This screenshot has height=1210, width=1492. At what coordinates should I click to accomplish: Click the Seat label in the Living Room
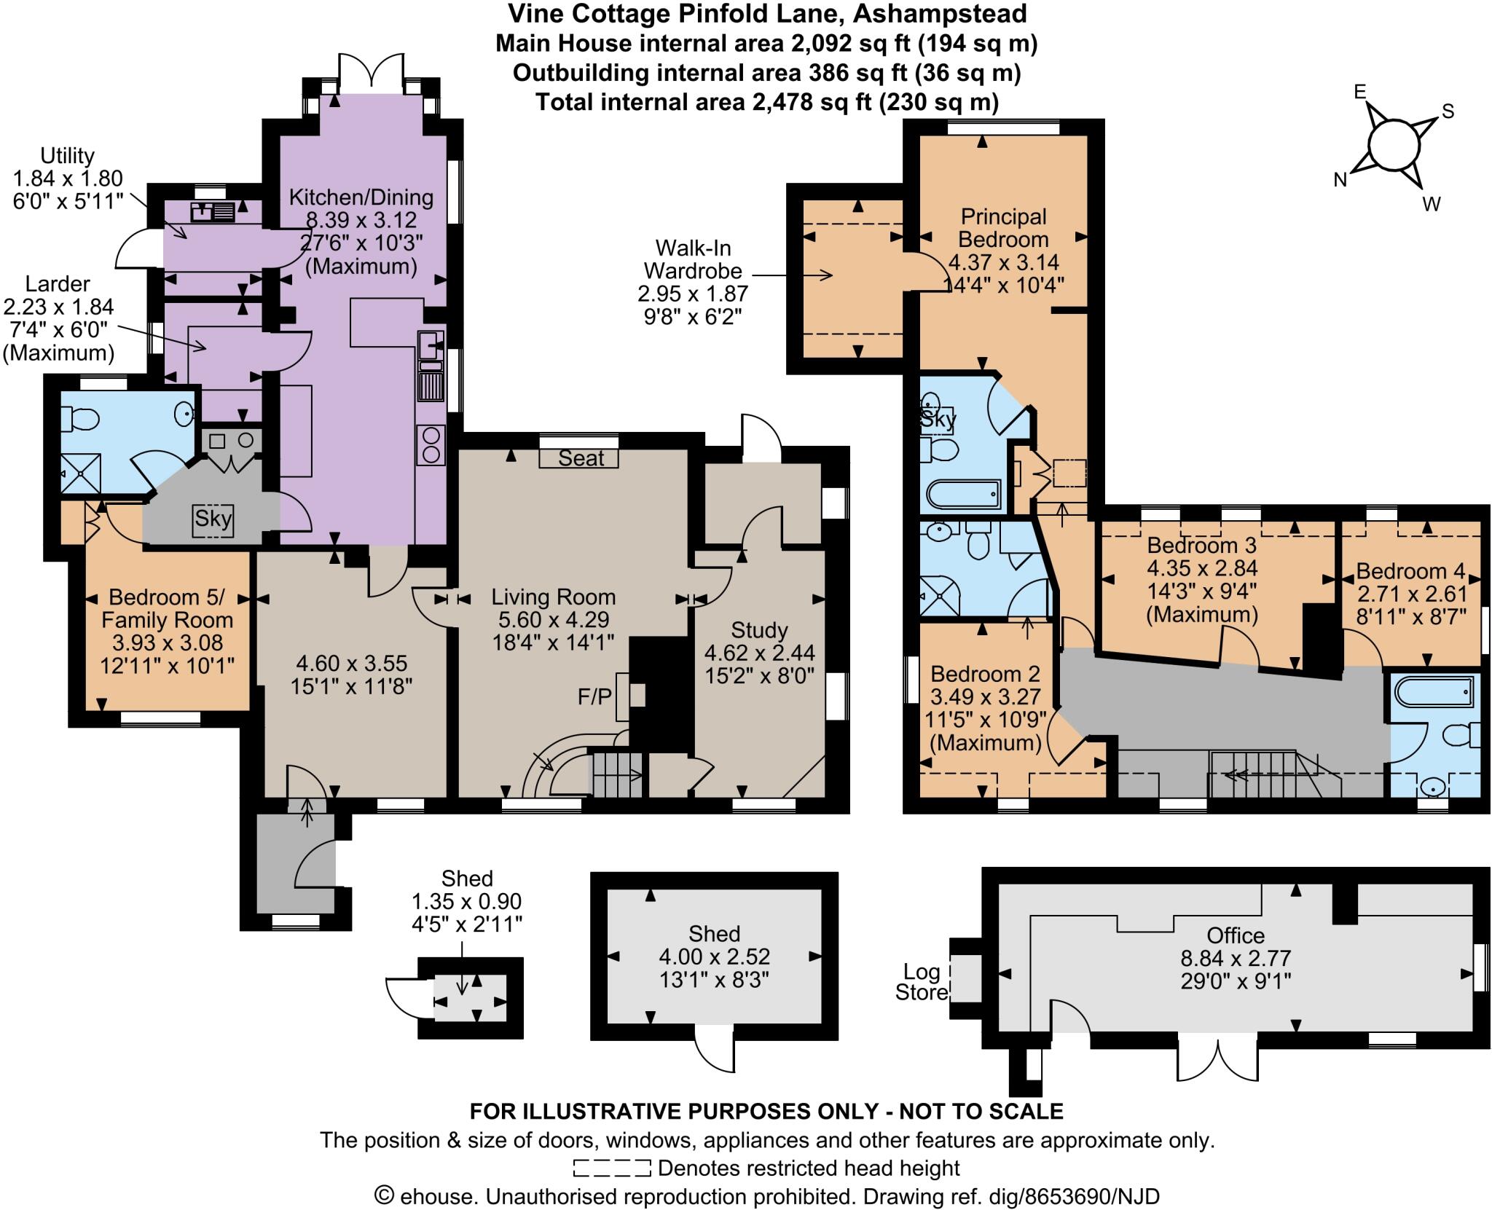[581, 457]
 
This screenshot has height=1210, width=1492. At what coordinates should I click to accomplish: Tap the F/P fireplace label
[594, 696]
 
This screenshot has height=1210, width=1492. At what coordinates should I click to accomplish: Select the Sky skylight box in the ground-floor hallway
[213, 519]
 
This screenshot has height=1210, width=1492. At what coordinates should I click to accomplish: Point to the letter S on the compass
[1448, 111]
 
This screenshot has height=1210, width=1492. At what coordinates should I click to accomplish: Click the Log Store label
[922, 981]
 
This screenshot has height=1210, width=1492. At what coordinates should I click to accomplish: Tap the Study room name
[759, 629]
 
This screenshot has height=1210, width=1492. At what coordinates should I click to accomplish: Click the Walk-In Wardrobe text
[693, 259]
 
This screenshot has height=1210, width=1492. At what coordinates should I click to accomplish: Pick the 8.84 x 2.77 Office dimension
[1236, 957]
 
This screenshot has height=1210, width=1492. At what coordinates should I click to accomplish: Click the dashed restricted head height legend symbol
[611, 1168]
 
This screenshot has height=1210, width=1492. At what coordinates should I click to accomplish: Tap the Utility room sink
[212, 212]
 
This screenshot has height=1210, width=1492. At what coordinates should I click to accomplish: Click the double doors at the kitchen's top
[371, 73]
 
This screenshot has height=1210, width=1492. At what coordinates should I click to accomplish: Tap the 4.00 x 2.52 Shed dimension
[714, 956]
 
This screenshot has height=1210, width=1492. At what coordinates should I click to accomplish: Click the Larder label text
[58, 283]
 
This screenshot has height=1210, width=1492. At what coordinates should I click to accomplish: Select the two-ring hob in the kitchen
[430, 444]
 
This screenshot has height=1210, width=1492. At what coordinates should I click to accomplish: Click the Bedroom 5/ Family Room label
[168, 609]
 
